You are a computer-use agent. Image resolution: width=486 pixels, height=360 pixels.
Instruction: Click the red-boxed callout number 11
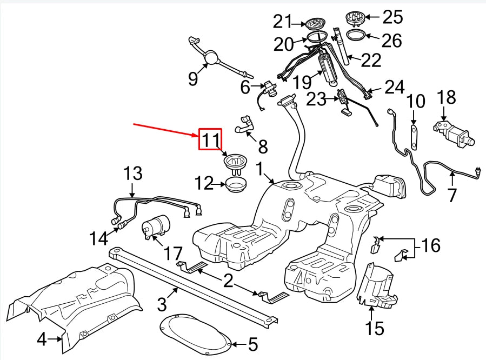[210, 139]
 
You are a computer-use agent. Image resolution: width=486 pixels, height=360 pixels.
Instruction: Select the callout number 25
[392, 17]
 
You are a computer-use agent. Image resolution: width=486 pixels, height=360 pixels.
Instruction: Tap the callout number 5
[253, 344]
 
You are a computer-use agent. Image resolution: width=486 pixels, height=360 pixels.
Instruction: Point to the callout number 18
[447, 97]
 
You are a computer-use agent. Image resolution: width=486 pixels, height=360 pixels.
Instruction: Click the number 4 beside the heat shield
[42, 339]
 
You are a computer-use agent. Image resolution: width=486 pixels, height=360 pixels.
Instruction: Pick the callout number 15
[375, 328]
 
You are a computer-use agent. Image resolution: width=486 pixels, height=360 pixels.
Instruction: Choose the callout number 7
[452, 195]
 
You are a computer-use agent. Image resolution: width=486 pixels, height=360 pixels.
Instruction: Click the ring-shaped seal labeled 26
[356, 35]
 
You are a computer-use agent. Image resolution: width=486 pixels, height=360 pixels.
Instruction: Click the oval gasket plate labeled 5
[195, 334]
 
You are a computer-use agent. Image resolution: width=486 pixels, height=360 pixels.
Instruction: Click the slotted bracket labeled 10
[414, 136]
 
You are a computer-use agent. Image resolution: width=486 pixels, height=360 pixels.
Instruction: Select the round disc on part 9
[212, 57]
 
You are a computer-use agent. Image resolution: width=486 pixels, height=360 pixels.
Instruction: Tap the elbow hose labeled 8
[245, 125]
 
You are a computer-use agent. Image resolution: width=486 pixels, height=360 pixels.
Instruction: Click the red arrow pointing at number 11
[165, 130]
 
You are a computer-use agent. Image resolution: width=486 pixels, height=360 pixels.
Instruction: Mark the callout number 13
[132, 174]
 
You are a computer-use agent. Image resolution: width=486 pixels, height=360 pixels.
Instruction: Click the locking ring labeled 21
[315, 23]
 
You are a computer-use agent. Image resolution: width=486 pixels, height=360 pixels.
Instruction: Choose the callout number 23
[316, 99]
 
